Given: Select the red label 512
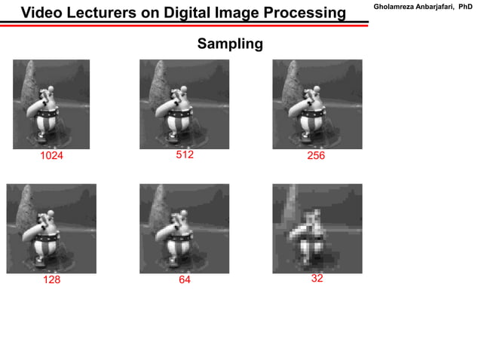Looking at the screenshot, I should point(185,155).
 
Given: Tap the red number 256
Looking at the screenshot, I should point(315,157).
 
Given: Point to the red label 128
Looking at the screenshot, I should point(51,279).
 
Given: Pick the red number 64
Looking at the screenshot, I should point(185,279).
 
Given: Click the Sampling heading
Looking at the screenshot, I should point(230,44).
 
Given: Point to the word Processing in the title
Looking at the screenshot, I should point(304,14).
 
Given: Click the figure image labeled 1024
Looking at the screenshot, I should point(51,104).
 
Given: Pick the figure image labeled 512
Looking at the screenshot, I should point(184,104).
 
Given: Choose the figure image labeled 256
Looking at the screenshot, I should point(317,104).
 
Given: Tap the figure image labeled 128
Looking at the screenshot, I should point(51,228).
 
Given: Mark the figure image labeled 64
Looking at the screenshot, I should point(184,228).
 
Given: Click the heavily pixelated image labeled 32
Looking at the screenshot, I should point(317,228).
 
